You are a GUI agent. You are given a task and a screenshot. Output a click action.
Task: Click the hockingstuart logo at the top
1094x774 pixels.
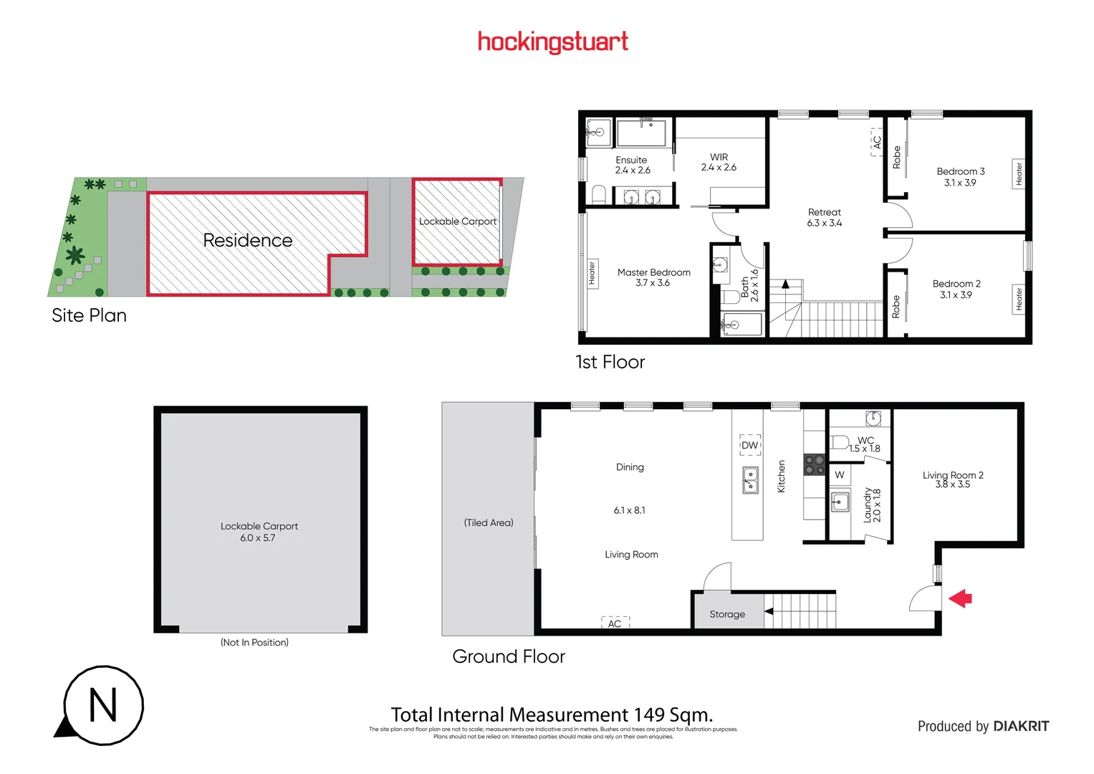click(552, 42)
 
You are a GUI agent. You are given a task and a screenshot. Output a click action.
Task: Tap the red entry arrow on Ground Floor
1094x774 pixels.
click(960, 598)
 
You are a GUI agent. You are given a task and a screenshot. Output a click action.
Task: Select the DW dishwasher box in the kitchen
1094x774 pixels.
click(749, 445)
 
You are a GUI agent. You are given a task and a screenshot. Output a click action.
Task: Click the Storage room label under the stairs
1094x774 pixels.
click(726, 614)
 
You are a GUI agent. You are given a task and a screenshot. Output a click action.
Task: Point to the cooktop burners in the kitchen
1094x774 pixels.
click(814, 465)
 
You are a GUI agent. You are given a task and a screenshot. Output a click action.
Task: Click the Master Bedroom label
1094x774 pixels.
click(653, 272)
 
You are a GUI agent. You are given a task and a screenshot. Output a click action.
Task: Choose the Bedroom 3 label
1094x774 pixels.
click(960, 171)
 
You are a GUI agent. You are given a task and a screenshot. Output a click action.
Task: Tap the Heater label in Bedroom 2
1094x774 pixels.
click(1019, 300)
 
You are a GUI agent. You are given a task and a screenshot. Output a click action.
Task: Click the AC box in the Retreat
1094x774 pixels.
click(876, 142)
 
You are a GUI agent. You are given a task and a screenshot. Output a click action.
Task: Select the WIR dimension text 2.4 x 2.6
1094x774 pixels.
click(719, 168)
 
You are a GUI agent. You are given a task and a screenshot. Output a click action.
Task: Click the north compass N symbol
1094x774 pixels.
click(103, 705)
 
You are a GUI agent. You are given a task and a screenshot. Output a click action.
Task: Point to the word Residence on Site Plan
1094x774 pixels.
click(248, 240)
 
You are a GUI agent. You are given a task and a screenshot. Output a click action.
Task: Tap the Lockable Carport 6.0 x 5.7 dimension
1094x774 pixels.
click(257, 538)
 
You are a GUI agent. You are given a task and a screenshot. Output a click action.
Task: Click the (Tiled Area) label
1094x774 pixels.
click(489, 522)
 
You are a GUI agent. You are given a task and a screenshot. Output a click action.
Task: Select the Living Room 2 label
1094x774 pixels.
click(952, 475)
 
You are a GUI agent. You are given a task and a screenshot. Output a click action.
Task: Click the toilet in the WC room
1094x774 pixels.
click(840, 442)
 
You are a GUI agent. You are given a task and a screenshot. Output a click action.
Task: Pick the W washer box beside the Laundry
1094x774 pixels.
click(839, 474)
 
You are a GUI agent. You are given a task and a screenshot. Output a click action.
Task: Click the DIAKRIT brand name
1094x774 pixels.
click(1021, 726)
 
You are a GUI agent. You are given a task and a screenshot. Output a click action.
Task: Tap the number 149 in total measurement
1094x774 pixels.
click(649, 715)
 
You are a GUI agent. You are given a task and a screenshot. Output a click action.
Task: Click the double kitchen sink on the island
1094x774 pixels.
click(749, 480)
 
